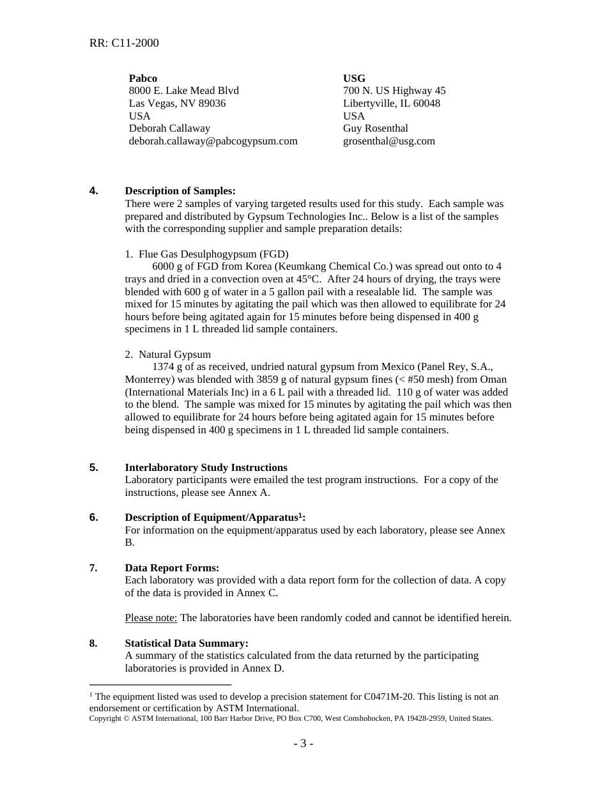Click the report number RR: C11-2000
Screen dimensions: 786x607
click(124, 43)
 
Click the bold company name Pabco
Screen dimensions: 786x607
click(142, 78)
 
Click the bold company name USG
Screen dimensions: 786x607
click(354, 78)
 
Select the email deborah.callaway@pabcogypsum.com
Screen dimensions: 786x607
click(213, 141)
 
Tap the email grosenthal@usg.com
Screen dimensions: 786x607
click(388, 141)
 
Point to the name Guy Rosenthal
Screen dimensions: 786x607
click(375, 128)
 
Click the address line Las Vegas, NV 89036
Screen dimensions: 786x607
click(177, 104)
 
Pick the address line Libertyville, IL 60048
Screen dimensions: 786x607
click(391, 104)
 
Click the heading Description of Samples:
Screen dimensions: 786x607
click(180, 191)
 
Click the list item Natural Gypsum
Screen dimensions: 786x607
click(174, 355)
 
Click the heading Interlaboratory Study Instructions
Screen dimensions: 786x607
click(206, 468)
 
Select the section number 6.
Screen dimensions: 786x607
click(93, 518)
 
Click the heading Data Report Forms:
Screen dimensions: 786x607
click(172, 568)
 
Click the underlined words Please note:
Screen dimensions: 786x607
click(151, 618)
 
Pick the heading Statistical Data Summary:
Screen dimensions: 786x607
click(187, 643)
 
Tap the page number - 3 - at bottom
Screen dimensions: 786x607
click(303, 743)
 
